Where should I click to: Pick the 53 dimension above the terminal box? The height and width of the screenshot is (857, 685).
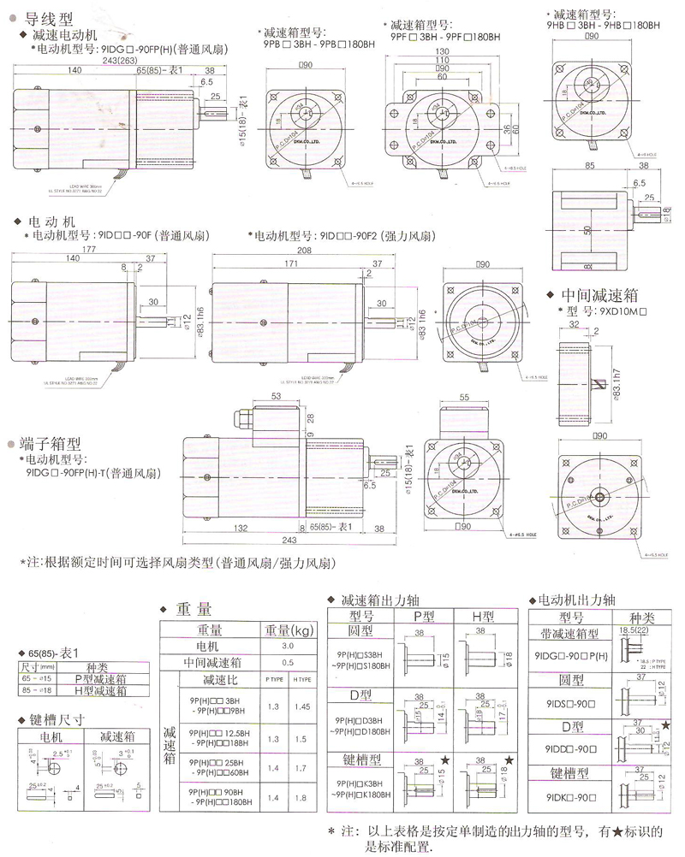coord(277,398)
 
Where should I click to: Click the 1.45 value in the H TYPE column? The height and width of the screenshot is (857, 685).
coord(302,706)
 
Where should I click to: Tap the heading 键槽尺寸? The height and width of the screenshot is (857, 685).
coord(57,719)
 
